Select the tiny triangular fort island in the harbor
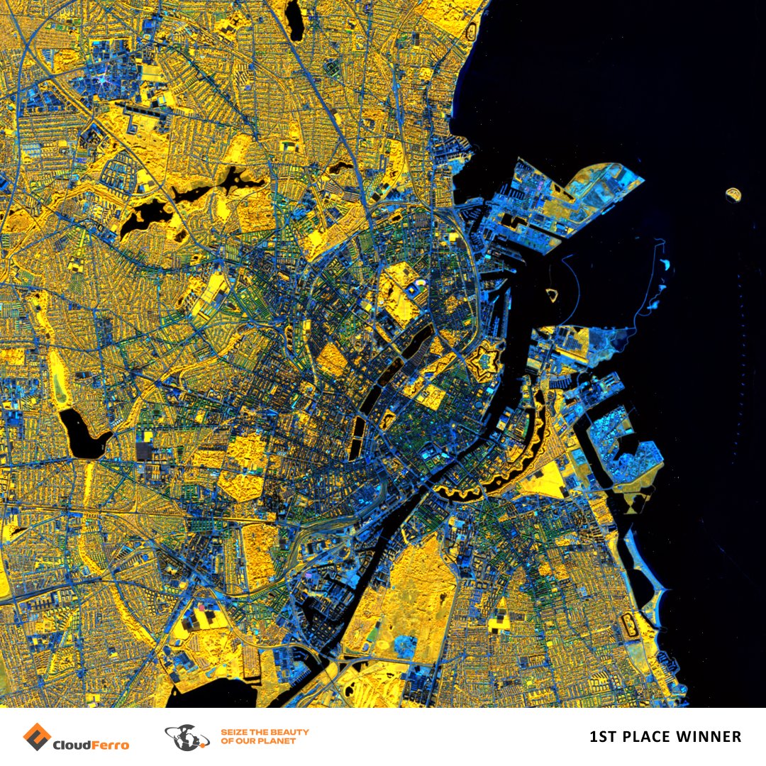pyautogui.click(x=553, y=293)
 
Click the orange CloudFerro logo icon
pyautogui.click(x=35, y=736)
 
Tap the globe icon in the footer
pyautogui.click(x=187, y=738)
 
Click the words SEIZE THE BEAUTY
pyautogui.click(x=265, y=732)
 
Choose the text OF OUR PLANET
pyautogui.click(x=258, y=742)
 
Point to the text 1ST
pyautogui.click(x=602, y=738)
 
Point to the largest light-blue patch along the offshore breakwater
pyautogui.click(x=664, y=265)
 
